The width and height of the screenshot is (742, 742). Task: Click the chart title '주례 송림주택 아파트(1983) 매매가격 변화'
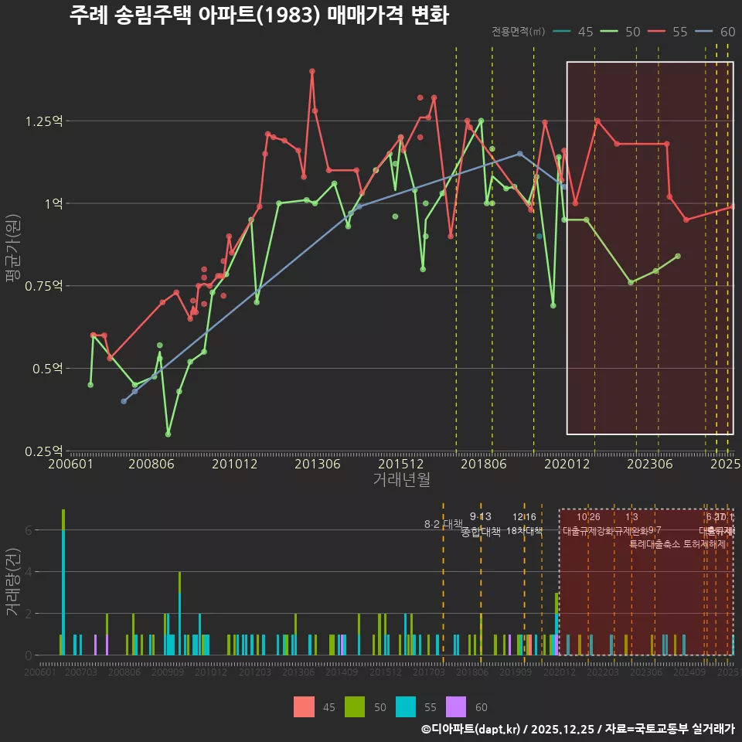[x=259, y=16]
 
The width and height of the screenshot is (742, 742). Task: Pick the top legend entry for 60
[x=716, y=32]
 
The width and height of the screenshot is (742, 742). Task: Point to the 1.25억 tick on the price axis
[x=45, y=121]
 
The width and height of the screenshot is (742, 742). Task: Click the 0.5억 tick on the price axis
[x=48, y=369]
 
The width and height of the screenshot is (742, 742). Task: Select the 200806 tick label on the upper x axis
[x=150, y=464]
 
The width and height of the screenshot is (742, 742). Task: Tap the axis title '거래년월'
[x=401, y=480]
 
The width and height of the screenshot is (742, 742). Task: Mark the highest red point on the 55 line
[x=312, y=71]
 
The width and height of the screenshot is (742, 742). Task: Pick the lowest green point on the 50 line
[x=168, y=434]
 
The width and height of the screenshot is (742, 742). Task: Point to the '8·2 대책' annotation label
[x=443, y=524]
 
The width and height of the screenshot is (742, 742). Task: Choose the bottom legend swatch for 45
[x=304, y=706]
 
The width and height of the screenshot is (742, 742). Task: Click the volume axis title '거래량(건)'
[x=13, y=582]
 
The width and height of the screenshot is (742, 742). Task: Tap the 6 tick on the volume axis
[x=29, y=530]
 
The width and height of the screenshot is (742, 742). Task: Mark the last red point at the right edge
[x=733, y=206]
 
